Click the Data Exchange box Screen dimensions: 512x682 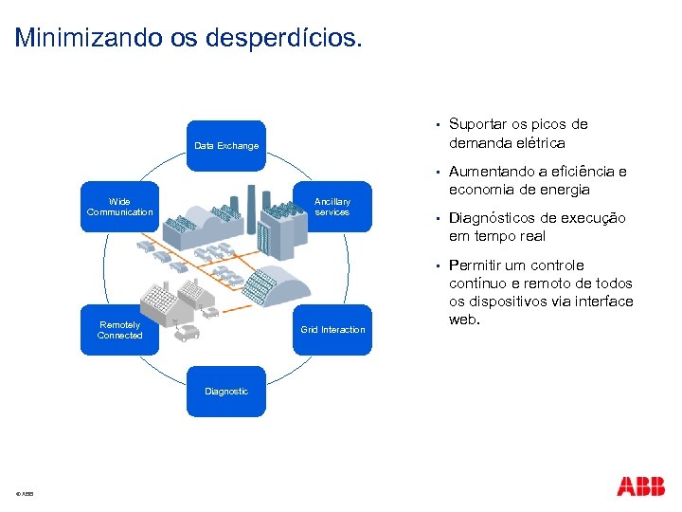(225, 146)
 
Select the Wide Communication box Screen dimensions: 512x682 (119, 207)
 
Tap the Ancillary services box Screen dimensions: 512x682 (332, 207)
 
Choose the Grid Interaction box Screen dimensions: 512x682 (332, 330)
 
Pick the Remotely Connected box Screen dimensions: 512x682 (119, 330)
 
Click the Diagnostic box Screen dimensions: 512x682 (225, 391)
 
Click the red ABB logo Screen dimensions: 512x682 (640, 486)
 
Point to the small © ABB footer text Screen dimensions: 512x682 (25, 495)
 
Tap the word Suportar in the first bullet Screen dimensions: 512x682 (477, 124)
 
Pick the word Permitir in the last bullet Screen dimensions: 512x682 (476, 265)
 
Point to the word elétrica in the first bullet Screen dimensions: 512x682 (539, 143)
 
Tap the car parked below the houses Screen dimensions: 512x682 (188, 333)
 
